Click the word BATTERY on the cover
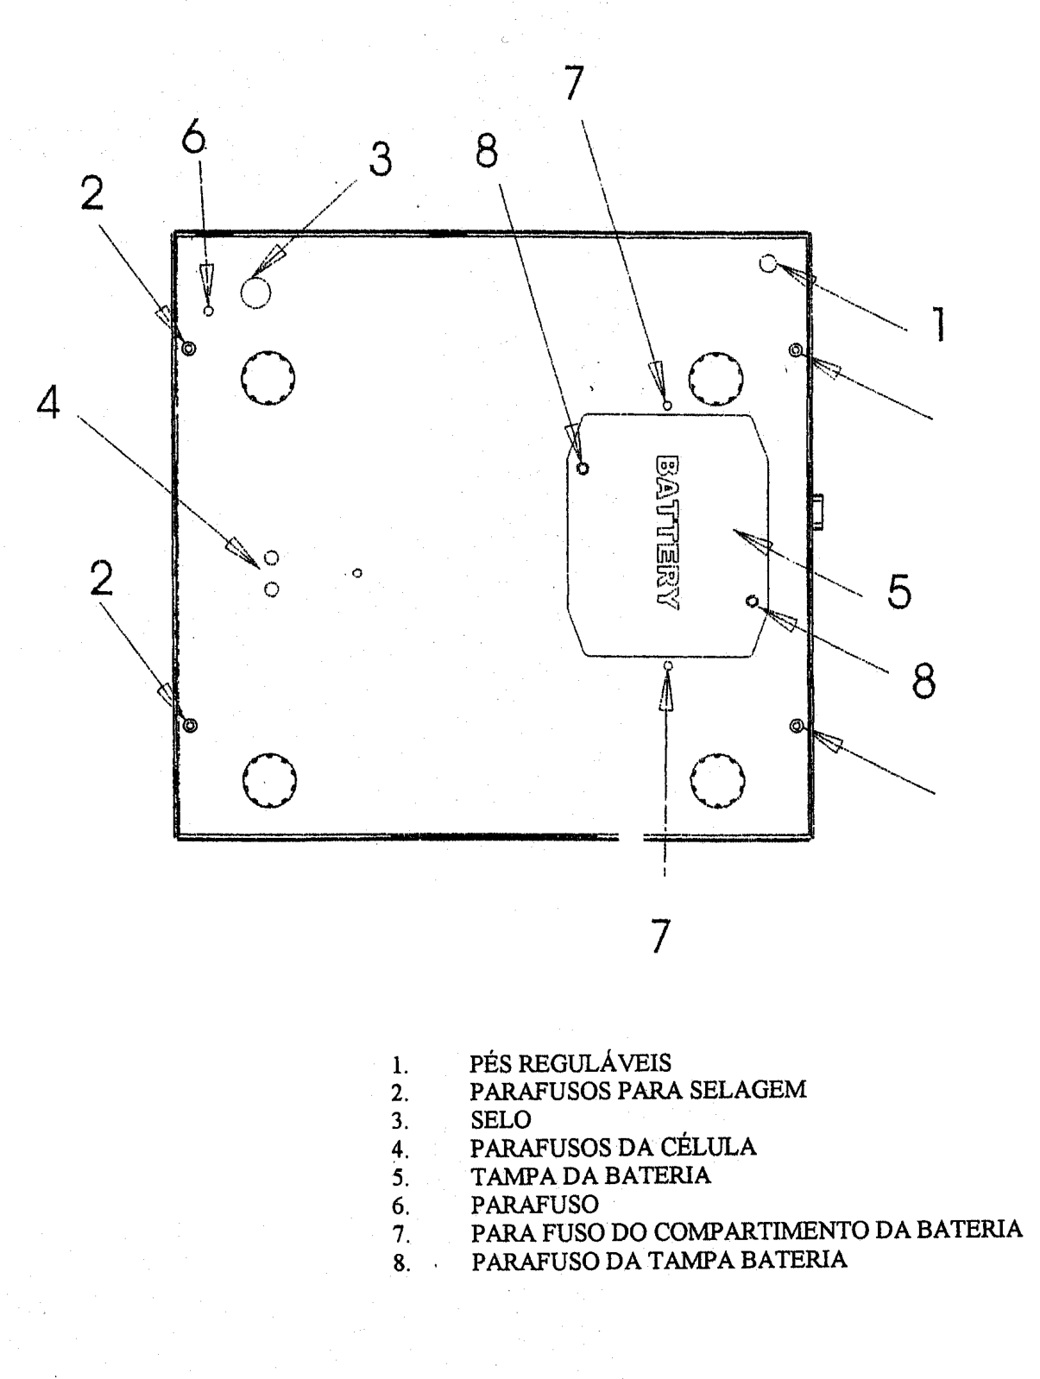click(667, 532)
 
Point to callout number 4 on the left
click(48, 402)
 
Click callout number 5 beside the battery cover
click(898, 591)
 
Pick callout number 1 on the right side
click(939, 324)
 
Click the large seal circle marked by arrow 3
click(255, 293)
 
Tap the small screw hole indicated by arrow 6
click(209, 311)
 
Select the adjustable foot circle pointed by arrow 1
click(768, 263)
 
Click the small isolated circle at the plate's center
click(357, 573)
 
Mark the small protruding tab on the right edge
click(816, 512)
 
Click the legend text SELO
click(501, 1119)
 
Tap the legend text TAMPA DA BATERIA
click(590, 1174)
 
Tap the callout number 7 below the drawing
click(660, 936)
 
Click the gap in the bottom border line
click(631, 837)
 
